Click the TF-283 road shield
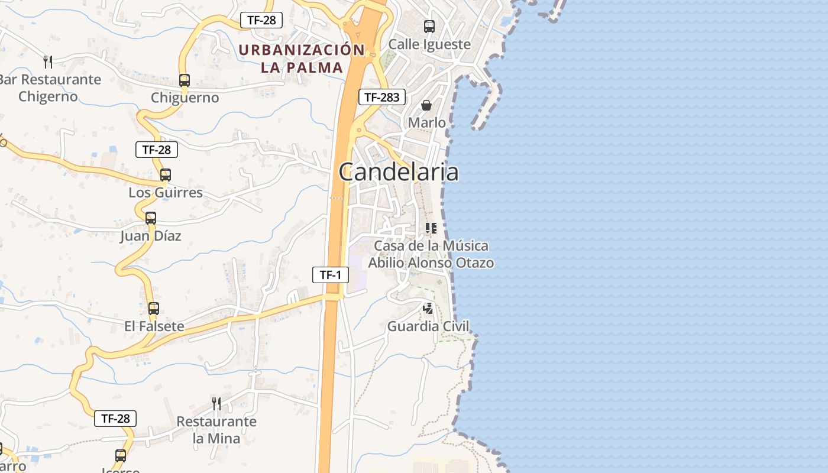click(382, 97)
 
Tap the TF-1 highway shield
click(331, 274)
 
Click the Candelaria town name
click(399, 172)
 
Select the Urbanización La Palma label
click(302, 59)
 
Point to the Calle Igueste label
click(429, 44)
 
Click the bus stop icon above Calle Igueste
click(429, 26)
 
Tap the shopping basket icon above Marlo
click(426, 105)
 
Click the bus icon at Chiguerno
click(185, 80)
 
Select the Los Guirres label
click(166, 193)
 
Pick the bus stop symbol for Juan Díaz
click(151, 218)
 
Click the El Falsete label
click(154, 326)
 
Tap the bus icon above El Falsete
click(154, 308)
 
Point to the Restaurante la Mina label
click(216, 430)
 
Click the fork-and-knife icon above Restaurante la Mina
click(216, 403)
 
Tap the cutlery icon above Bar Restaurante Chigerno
click(48, 61)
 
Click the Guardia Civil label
click(428, 326)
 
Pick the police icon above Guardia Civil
click(428, 308)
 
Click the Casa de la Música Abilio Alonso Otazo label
click(431, 254)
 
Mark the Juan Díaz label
click(151, 236)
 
